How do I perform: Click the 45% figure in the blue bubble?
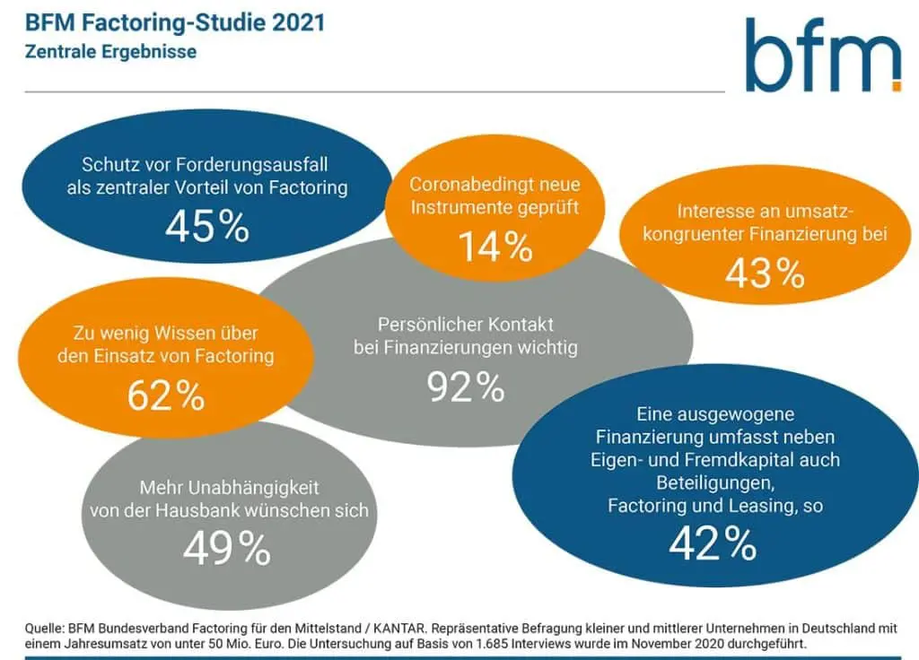[206, 226]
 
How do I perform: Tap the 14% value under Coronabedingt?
[495, 247]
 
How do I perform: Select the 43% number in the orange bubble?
[765, 274]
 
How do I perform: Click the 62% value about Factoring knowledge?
[166, 395]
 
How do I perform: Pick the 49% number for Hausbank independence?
[226, 549]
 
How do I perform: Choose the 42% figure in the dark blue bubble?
[713, 543]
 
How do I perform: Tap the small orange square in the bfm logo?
[895, 86]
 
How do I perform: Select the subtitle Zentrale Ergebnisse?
[110, 51]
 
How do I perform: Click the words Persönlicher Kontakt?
[466, 324]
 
